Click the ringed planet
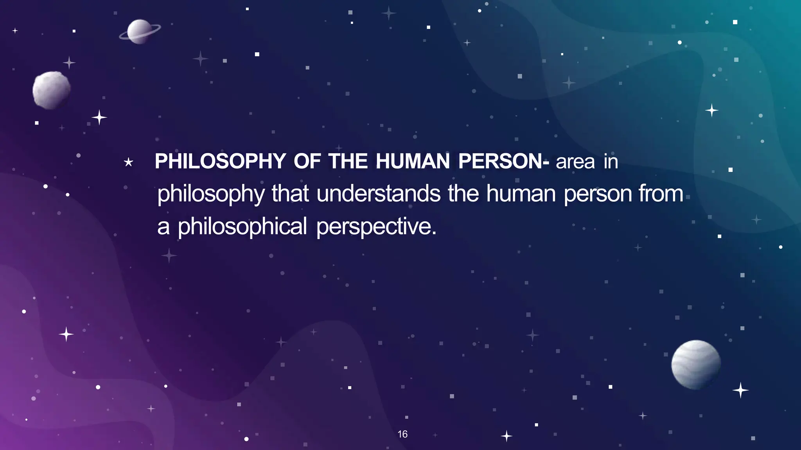click(x=140, y=31)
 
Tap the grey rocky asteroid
click(x=51, y=90)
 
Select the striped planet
click(x=696, y=364)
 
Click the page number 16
click(x=402, y=434)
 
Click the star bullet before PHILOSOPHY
click(x=128, y=162)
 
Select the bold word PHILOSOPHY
click(x=220, y=161)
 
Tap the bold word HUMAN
click(x=413, y=161)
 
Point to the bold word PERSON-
click(x=504, y=161)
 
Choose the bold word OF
click(x=307, y=161)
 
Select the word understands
click(x=379, y=194)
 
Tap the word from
click(x=661, y=194)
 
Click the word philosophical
click(x=242, y=227)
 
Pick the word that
click(x=290, y=194)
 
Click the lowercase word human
click(x=521, y=194)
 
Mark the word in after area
click(x=611, y=162)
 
